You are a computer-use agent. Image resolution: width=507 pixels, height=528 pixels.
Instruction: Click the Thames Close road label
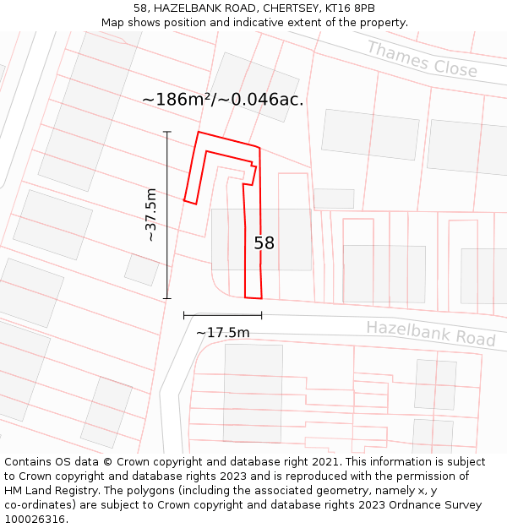422,59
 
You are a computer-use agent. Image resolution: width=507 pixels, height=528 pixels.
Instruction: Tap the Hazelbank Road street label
430,333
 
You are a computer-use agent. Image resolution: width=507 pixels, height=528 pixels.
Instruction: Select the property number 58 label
264,243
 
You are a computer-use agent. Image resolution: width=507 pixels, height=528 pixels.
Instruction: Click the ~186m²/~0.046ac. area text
222,100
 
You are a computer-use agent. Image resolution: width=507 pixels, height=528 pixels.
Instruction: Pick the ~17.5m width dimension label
223,333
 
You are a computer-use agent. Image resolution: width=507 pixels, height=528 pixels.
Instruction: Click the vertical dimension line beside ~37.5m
167,215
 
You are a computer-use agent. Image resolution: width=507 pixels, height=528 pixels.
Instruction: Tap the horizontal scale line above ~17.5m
222,315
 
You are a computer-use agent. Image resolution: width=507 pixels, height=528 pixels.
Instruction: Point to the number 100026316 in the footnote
35,520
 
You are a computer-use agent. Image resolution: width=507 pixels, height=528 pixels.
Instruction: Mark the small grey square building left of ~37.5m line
141,269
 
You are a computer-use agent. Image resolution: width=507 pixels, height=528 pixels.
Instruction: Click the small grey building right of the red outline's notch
334,199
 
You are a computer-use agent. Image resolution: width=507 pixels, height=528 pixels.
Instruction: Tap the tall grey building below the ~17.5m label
253,392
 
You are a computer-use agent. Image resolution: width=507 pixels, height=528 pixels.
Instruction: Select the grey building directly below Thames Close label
370,134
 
